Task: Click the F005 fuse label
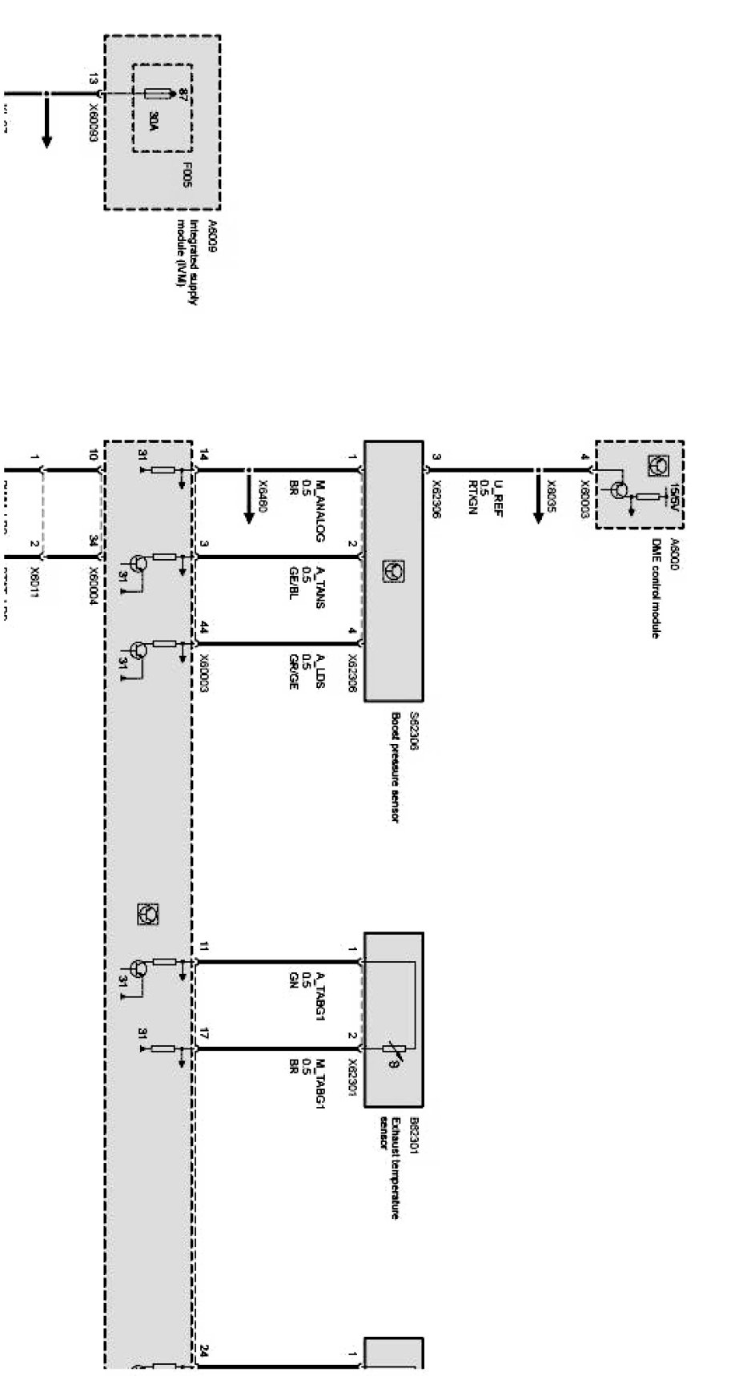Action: click(x=187, y=175)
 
